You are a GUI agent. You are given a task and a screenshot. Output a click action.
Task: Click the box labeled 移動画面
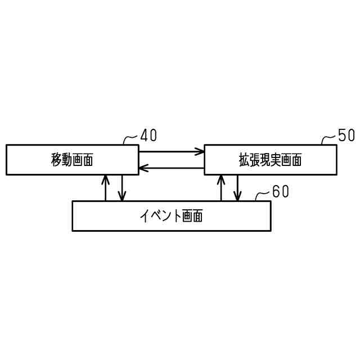(72, 160)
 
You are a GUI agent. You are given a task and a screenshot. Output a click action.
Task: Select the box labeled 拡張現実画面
(270, 160)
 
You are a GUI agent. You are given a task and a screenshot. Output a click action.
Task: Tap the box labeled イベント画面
(171, 215)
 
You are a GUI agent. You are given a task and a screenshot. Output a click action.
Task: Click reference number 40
(148, 136)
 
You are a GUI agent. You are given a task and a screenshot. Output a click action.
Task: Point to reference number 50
(346, 136)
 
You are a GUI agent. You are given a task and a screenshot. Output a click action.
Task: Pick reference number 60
(280, 192)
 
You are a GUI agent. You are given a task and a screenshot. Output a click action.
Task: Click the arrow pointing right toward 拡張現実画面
(171, 151)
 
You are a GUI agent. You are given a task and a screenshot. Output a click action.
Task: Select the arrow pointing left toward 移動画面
(171, 168)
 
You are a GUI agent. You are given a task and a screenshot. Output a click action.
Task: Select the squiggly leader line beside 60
(263, 195)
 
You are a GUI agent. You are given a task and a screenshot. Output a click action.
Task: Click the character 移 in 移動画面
(56, 160)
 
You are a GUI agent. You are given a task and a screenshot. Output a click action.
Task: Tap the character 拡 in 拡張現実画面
(244, 160)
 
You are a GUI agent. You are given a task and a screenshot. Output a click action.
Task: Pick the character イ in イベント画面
(145, 216)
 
